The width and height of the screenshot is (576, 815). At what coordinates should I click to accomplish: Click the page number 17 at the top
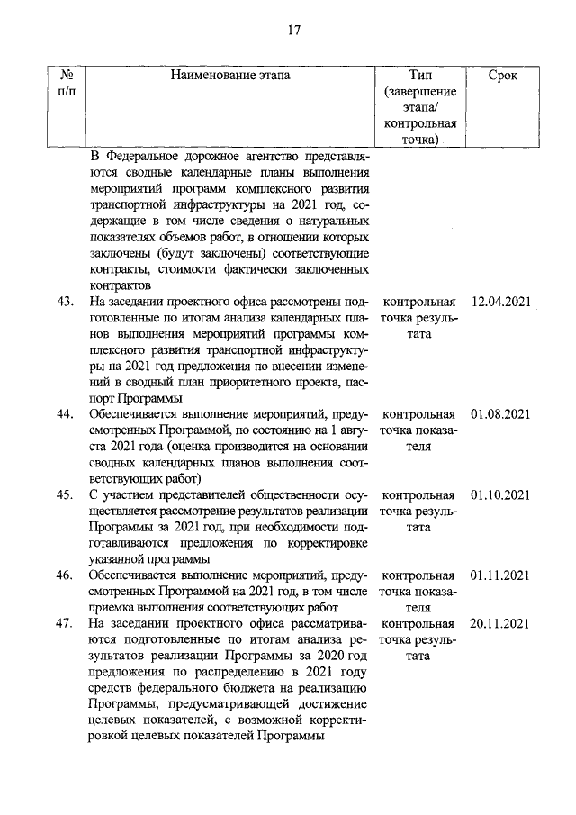293,30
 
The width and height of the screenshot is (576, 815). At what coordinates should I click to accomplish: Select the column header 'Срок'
502,77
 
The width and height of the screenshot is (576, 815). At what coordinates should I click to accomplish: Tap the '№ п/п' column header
66,85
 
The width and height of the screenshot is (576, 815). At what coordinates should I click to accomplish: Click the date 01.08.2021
499,414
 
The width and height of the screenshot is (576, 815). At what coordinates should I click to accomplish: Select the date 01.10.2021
499,494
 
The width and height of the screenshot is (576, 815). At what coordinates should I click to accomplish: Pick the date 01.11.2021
499,575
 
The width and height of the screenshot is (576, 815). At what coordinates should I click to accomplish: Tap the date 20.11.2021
499,623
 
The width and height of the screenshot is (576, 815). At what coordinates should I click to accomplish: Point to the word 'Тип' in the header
419,77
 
